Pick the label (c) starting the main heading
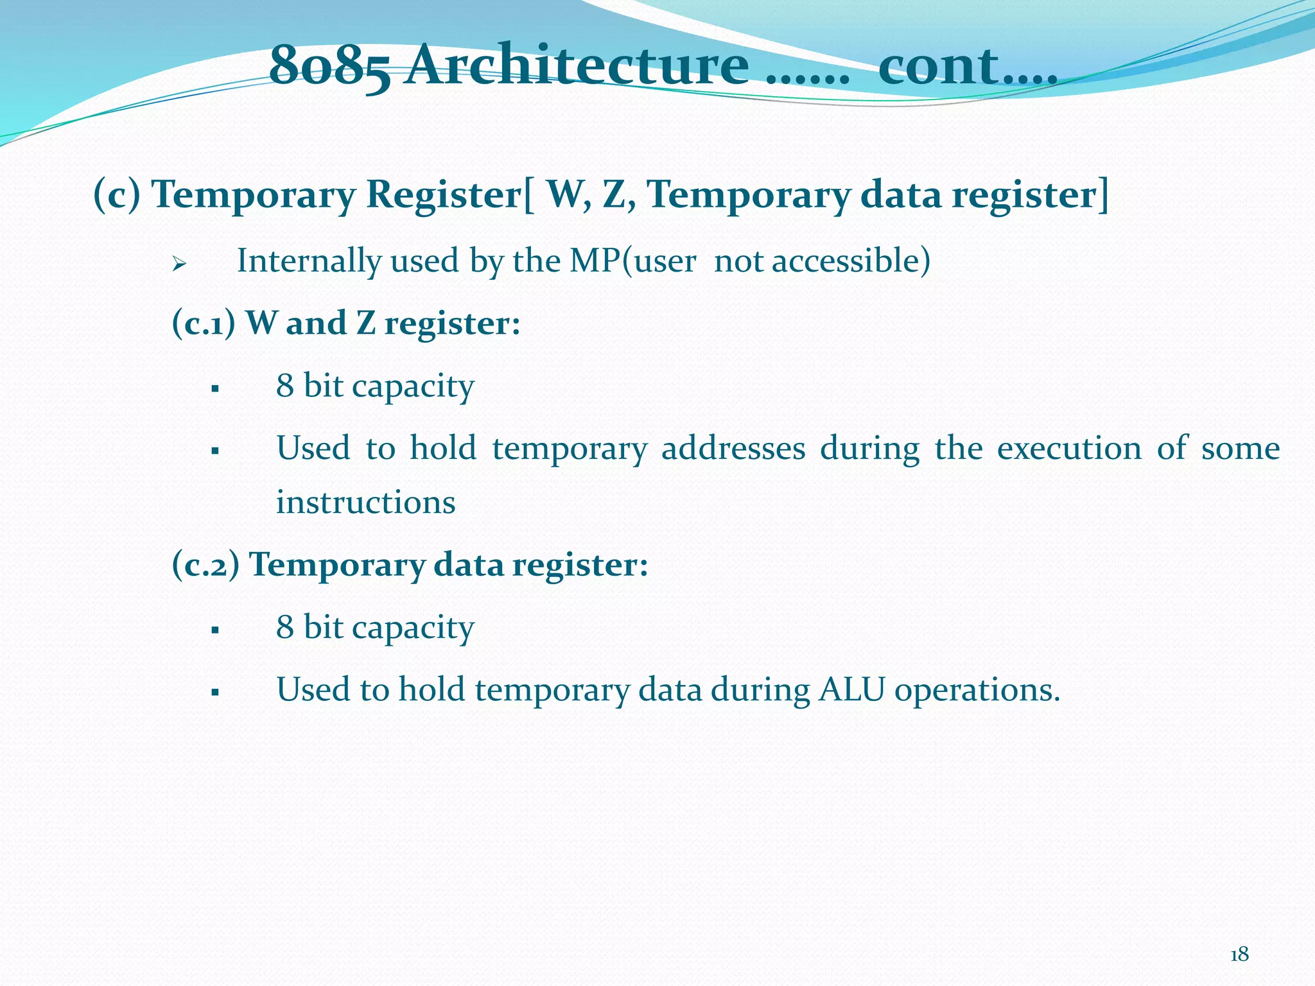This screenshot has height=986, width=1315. pos(117,194)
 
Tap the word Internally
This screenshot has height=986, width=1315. pos(309,261)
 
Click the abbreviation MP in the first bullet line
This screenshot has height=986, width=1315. pos(595,261)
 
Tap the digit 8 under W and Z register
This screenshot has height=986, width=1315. pos(284,385)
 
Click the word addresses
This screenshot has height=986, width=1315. pos(733,448)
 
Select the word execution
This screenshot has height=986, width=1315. pos(1068,448)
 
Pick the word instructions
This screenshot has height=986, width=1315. pos(365,502)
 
